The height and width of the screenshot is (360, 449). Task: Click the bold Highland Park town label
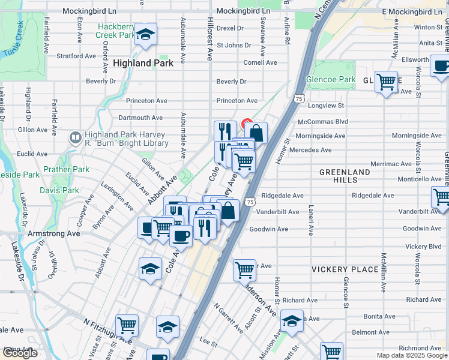pyautogui.click(x=143, y=63)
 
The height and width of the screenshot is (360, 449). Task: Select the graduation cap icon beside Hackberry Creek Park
pyautogui.click(x=145, y=35)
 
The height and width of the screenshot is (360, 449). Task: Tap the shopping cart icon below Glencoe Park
pyautogui.click(x=387, y=81)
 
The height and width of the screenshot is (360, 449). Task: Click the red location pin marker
pyautogui.click(x=246, y=124)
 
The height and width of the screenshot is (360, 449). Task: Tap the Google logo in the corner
pyautogui.click(x=20, y=353)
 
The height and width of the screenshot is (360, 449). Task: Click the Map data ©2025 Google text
pyautogui.click(x=412, y=355)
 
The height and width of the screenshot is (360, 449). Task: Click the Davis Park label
pyautogui.click(x=59, y=190)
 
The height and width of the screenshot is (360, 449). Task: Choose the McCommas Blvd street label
pyautogui.click(x=323, y=121)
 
